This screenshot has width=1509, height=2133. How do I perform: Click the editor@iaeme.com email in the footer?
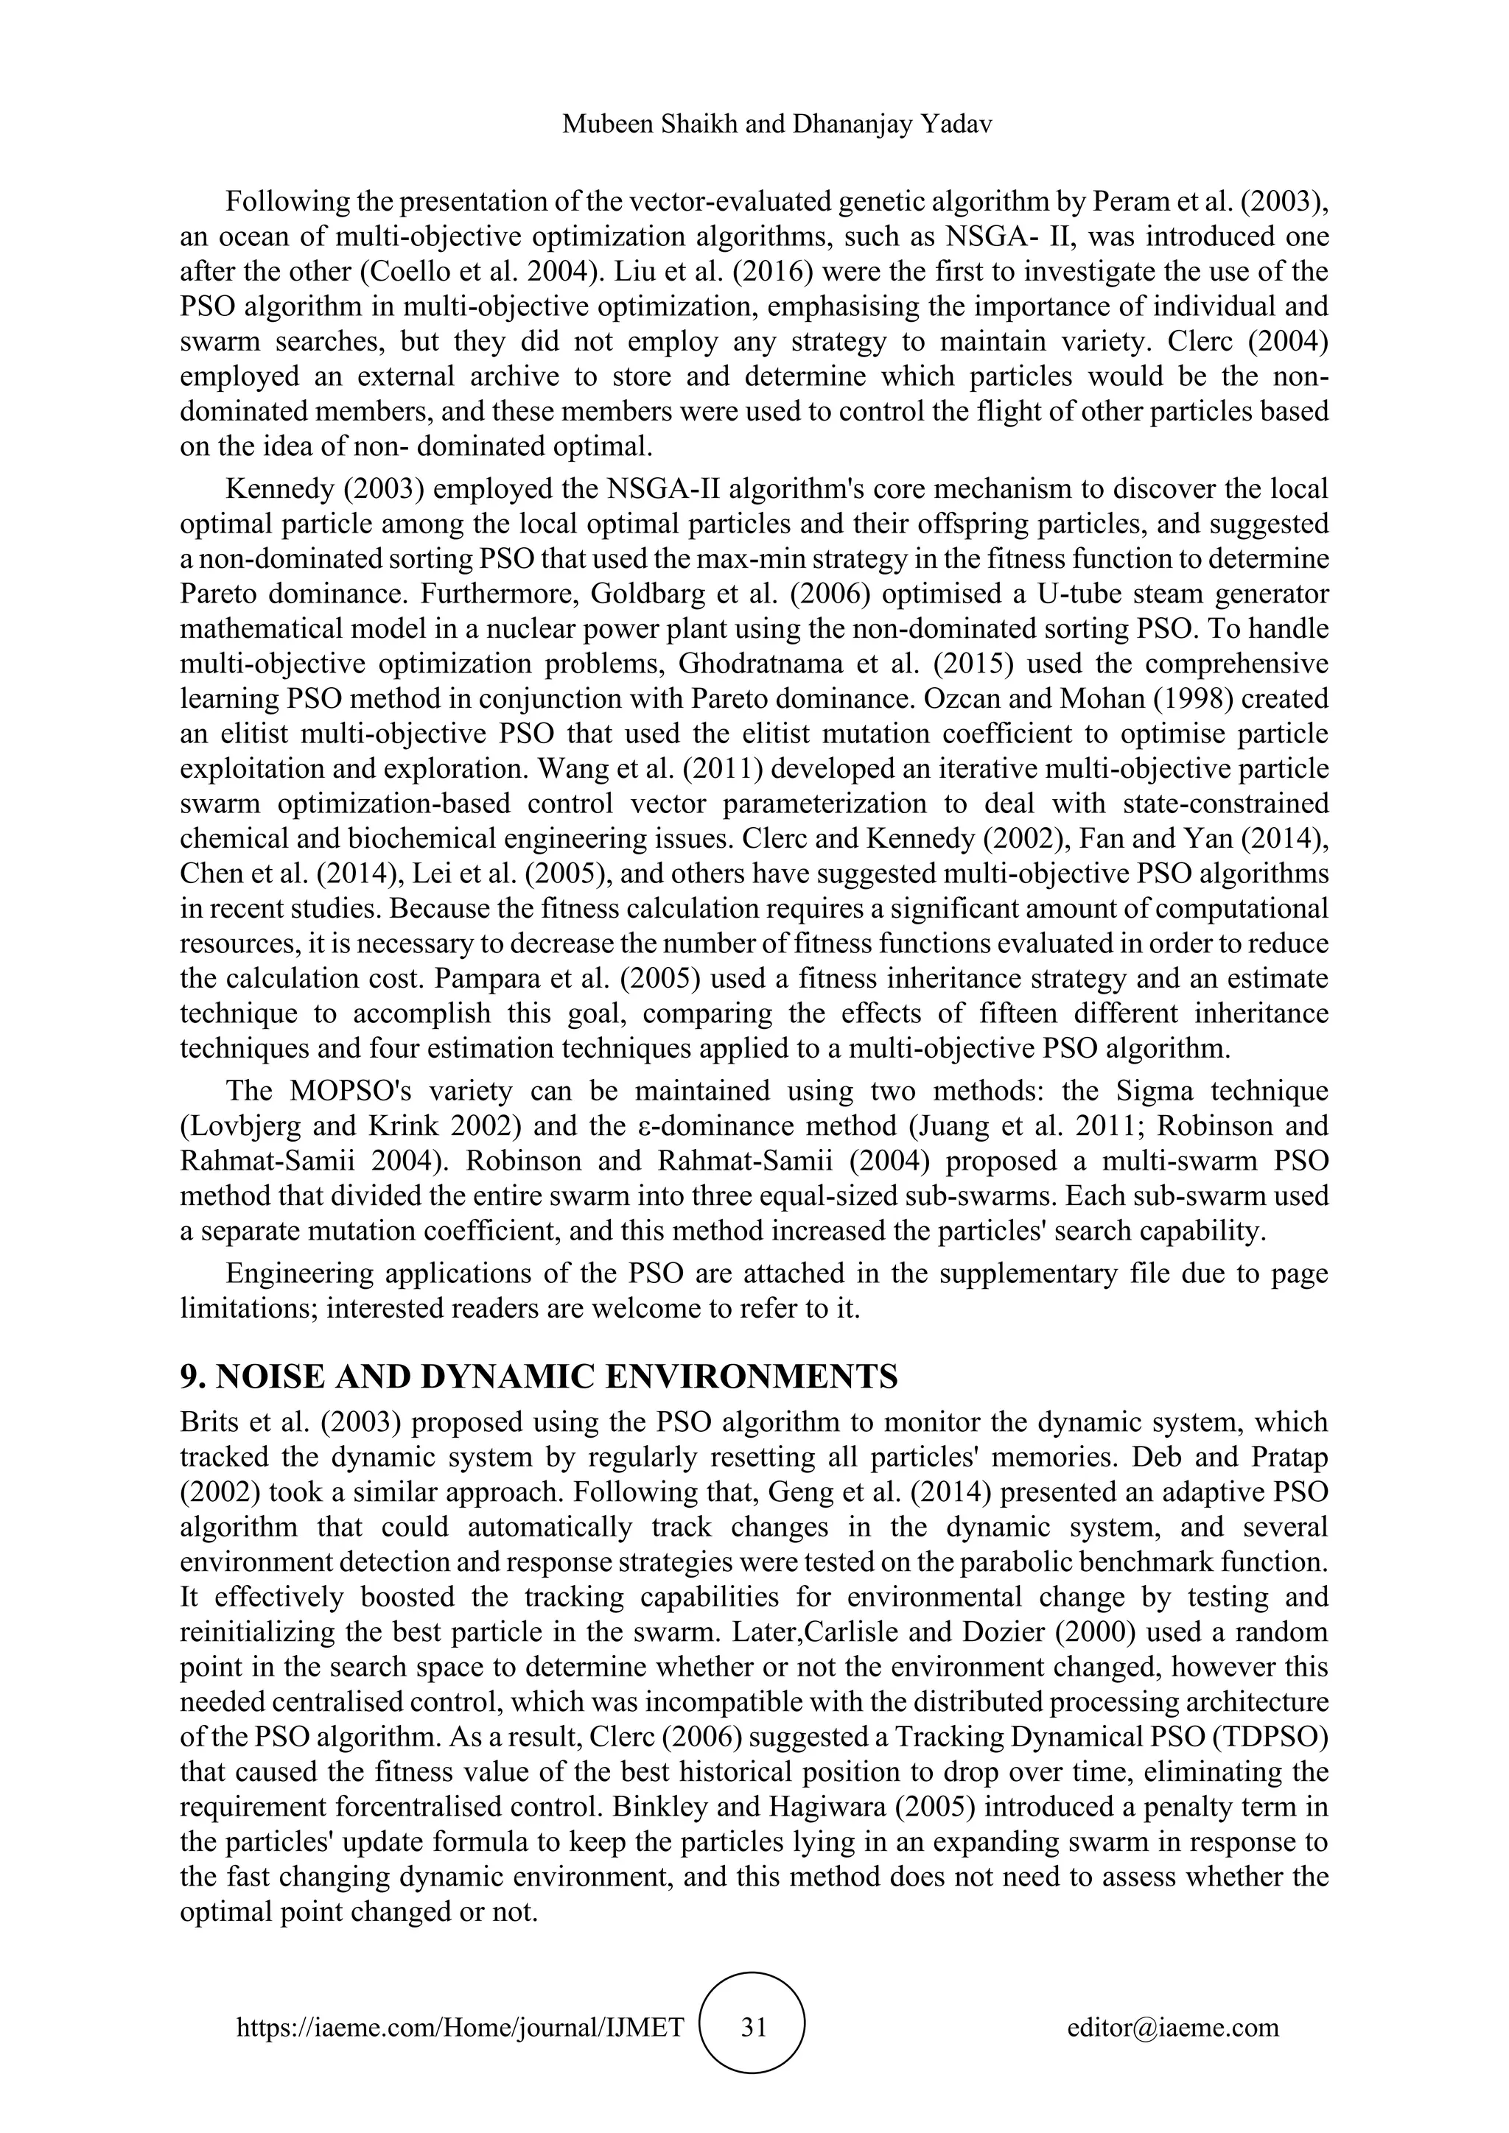click(x=1172, y=2027)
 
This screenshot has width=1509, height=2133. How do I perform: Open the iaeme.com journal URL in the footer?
click(x=461, y=2027)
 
